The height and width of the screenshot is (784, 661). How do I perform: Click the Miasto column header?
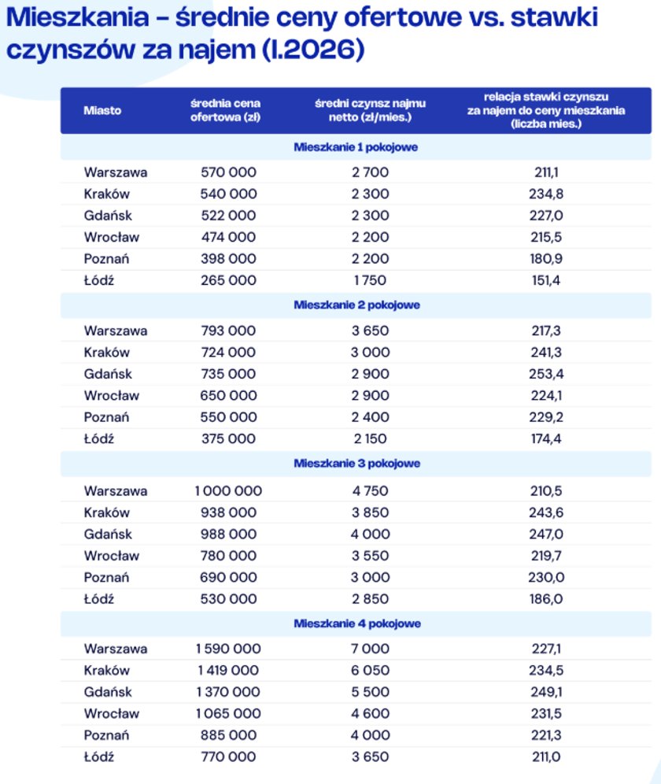pyautogui.click(x=102, y=110)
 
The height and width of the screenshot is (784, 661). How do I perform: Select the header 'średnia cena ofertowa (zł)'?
pyautogui.click(x=225, y=110)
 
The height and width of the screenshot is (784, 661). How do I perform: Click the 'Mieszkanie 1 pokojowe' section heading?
pyautogui.click(x=356, y=147)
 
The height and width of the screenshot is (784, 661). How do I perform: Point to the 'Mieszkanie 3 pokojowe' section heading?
pyautogui.click(x=356, y=464)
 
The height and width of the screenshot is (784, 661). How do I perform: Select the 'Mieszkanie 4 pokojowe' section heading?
pyautogui.click(x=356, y=623)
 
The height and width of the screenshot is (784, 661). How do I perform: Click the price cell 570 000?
pyautogui.click(x=228, y=172)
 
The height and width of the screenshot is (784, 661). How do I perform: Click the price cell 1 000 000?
pyautogui.click(x=228, y=491)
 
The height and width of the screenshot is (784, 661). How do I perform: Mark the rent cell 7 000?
pyautogui.click(x=370, y=649)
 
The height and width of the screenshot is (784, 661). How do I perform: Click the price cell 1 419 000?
pyautogui.click(x=227, y=671)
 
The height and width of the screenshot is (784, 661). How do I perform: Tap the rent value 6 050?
pyautogui.click(x=370, y=671)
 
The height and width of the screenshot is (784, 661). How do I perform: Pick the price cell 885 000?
pyautogui.click(x=228, y=735)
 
